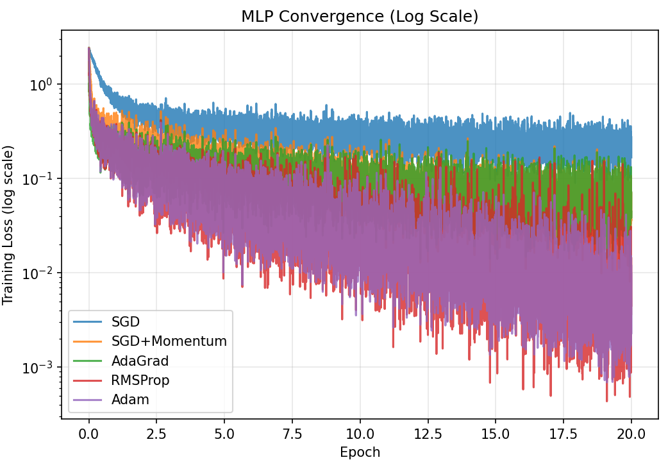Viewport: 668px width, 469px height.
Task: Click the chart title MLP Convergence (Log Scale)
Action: click(x=360, y=17)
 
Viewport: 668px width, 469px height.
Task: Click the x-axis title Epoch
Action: click(x=360, y=452)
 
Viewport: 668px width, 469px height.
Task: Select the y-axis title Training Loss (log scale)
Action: click(x=8, y=225)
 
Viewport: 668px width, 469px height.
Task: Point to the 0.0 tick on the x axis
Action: click(x=88, y=434)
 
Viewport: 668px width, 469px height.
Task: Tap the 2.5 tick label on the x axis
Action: click(x=156, y=434)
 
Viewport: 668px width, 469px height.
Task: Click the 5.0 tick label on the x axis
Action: click(x=224, y=434)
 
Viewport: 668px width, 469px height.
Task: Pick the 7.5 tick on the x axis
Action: click(x=292, y=434)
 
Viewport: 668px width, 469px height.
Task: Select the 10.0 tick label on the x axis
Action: click(x=360, y=434)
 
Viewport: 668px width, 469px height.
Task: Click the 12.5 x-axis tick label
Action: click(x=428, y=434)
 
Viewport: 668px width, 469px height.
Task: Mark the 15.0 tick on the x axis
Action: click(x=496, y=434)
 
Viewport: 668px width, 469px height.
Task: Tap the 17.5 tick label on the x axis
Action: click(x=564, y=434)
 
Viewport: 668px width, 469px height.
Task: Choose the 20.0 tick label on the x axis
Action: click(x=631, y=434)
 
